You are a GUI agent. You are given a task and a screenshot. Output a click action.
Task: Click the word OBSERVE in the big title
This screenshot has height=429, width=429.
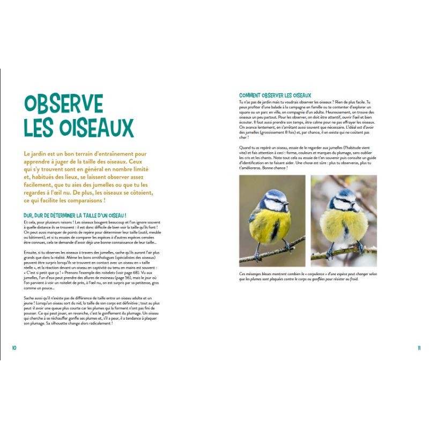click(x=63, y=103)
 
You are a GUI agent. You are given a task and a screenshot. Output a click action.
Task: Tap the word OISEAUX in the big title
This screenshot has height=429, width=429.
click(x=92, y=128)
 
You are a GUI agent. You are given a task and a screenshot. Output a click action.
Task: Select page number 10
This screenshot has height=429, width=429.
click(x=14, y=347)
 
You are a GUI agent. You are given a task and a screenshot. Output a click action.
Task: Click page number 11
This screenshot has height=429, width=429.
click(x=419, y=347)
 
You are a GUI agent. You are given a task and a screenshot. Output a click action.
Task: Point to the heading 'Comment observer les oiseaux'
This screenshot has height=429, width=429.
click(x=275, y=95)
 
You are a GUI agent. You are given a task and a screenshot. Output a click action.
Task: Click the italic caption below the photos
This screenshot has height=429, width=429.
click(x=307, y=276)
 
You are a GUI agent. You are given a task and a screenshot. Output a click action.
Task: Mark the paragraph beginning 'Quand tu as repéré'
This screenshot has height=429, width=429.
click(x=307, y=158)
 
